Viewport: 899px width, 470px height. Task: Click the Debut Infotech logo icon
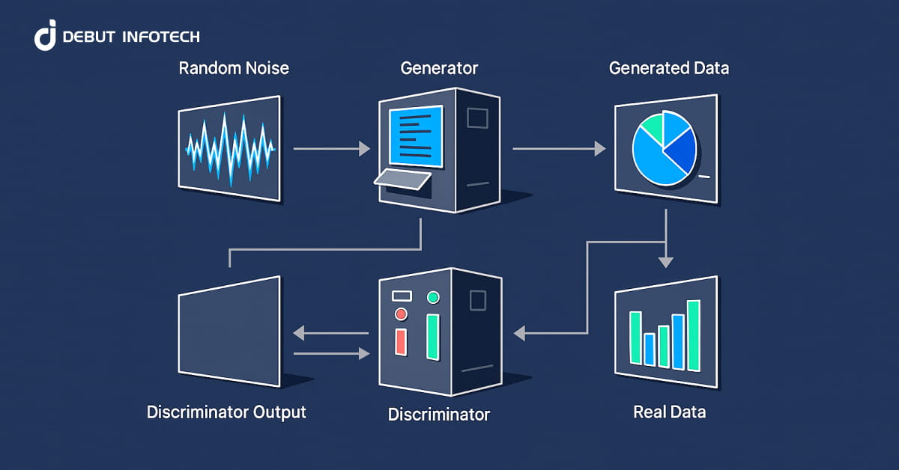click(45, 36)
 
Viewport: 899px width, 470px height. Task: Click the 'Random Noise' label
click(234, 69)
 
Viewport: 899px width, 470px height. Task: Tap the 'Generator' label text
click(439, 69)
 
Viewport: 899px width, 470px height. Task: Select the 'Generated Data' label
click(668, 69)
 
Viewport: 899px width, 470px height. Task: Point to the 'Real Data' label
click(669, 412)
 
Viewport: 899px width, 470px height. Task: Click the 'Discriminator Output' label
click(226, 412)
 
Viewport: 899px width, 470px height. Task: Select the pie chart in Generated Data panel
click(664, 147)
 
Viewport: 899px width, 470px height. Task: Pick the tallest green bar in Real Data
click(693, 335)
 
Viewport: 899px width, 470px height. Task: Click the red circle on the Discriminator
click(401, 314)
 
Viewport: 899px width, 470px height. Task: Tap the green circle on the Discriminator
click(432, 298)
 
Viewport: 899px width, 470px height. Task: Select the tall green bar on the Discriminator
click(432, 337)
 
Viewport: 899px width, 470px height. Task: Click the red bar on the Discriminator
click(401, 341)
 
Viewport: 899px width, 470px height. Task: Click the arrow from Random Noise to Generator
click(330, 150)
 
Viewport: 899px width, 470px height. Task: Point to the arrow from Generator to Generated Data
click(558, 150)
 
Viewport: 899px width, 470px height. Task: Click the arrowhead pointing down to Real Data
click(665, 262)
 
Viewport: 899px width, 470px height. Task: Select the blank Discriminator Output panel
click(230, 332)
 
